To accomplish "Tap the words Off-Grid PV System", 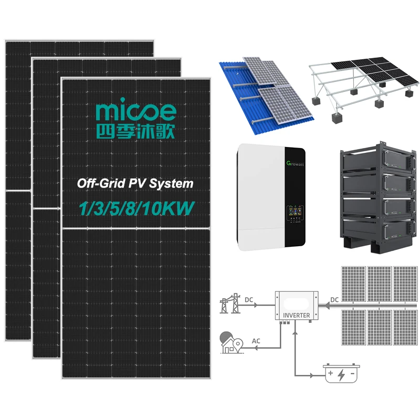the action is [135, 184].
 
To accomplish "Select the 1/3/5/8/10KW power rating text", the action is [135, 207].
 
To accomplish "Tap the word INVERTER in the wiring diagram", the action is [296, 316].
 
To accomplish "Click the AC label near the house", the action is [256, 341].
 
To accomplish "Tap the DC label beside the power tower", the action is [249, 300].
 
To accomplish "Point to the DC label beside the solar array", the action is [334, 300].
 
